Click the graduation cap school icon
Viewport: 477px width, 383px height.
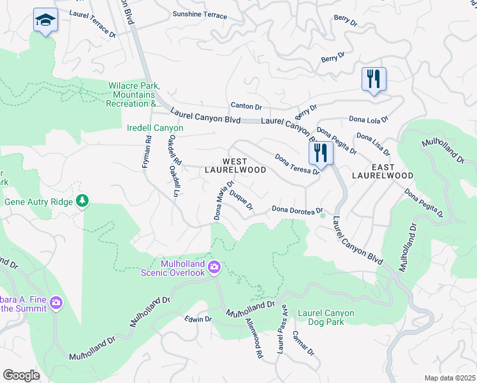tap(45, 20)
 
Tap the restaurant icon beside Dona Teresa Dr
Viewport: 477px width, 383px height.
tap(321, 153)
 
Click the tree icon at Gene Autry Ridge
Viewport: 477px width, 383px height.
tap(82, 202)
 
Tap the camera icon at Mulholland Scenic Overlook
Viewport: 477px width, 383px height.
tap(214, 266)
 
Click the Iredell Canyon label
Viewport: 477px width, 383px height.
tap(155, 128)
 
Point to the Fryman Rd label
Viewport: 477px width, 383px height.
tap(147, 152)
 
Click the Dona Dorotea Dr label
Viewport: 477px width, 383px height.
tap(298, 209)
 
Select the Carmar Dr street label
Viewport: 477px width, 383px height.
tap(303, 343)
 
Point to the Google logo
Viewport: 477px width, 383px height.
tap(21, 375)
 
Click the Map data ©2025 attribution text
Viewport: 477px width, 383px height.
tap(449, 378)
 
